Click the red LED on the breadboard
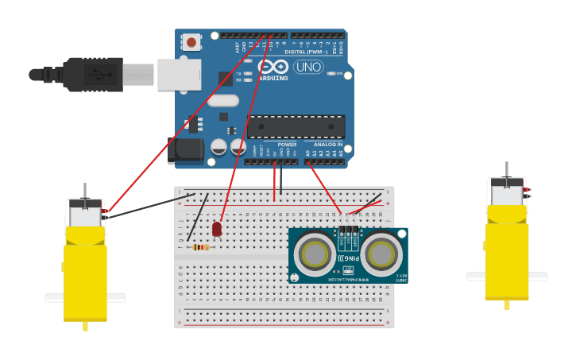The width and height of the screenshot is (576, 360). click(x=217, y=229)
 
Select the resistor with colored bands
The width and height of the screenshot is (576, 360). click(x=201, y=247)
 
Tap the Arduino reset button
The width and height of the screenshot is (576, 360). click(x=191, y=42)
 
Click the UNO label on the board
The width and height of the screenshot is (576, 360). click(x=307, y=67)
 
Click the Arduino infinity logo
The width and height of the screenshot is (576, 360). click(x=272, y=66)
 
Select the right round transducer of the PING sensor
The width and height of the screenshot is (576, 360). click(x=382, y=254)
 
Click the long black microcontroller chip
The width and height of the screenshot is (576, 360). click(x=296, y=127)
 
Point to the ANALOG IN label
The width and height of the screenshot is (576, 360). click(x=324, y=145)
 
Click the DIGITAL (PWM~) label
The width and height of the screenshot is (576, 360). click(x=311, y=52)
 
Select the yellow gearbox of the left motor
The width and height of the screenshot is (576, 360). click(x=85, y=270)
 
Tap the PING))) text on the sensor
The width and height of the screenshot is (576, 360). click(x=347, y=258)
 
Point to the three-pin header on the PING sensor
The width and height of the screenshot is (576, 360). click(x=347, y=231)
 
